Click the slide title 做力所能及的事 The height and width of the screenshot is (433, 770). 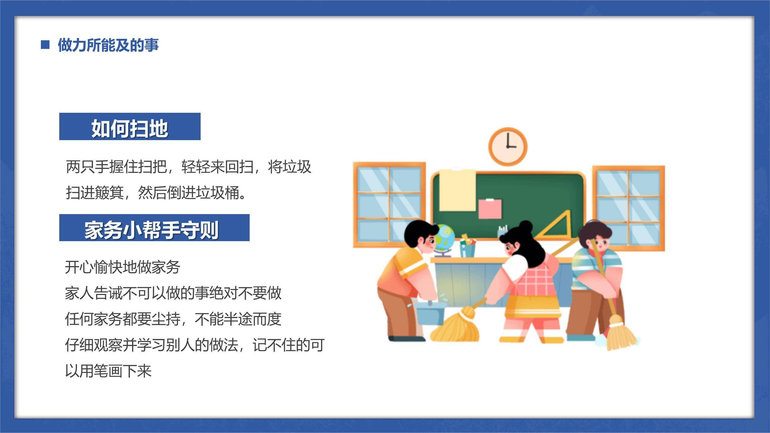108,45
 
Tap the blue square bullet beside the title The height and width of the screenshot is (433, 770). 45,45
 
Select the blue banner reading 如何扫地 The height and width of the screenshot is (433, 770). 130,127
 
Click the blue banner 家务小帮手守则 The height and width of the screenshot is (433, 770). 154,228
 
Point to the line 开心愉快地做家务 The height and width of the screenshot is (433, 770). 122,267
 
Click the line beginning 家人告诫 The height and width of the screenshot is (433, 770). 173,293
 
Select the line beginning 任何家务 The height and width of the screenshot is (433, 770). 173,319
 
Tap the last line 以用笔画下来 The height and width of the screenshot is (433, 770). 108,371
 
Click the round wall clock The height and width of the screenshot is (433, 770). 508,146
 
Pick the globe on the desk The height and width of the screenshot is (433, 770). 444,238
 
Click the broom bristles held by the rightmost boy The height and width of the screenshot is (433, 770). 621,334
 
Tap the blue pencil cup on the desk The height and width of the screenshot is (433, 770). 467,250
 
